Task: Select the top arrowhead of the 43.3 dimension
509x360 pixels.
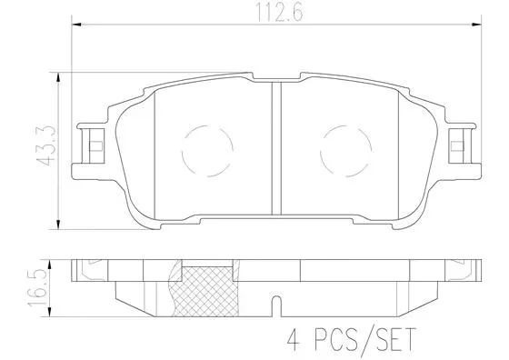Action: [x=59, y=75]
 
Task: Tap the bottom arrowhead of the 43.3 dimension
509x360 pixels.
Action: [x=59, y=225]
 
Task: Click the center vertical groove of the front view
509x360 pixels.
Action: [x=275, y=150]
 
